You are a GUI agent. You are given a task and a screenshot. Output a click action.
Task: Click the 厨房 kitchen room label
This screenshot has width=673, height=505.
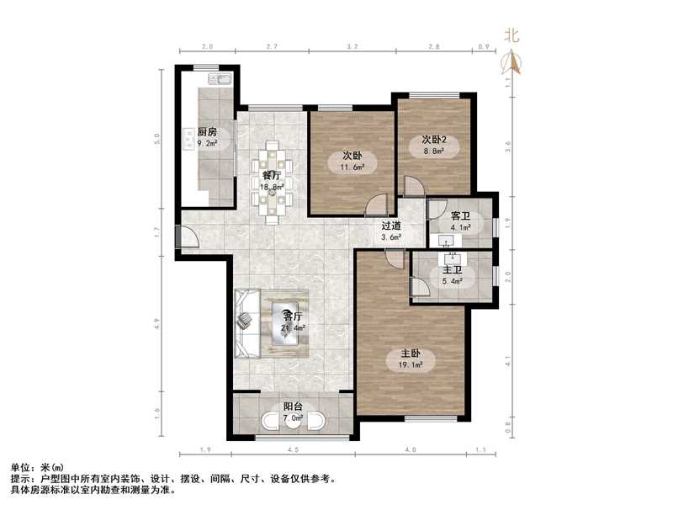point(207,132)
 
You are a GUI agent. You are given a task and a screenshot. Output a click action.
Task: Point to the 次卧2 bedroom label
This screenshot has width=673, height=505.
point(434,140)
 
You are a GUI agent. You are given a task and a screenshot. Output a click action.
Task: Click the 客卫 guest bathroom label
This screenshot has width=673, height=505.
point(460,215)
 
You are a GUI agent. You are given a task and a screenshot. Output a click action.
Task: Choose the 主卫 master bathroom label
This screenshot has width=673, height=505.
point(453,270)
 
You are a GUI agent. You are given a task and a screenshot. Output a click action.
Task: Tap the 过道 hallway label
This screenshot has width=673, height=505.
point(391,226)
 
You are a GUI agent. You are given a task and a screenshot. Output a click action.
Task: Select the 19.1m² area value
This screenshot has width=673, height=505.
point(411,365)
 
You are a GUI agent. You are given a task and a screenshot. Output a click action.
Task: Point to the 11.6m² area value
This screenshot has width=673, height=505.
point(352,167)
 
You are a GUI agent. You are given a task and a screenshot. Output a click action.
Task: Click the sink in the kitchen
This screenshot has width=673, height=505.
point(222,81)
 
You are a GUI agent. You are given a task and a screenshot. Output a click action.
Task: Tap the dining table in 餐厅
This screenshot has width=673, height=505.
point(272,183)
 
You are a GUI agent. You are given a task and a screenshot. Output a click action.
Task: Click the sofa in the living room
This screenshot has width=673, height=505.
point(246,323)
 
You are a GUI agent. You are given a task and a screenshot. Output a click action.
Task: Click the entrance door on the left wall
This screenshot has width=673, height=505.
point(185,237)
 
